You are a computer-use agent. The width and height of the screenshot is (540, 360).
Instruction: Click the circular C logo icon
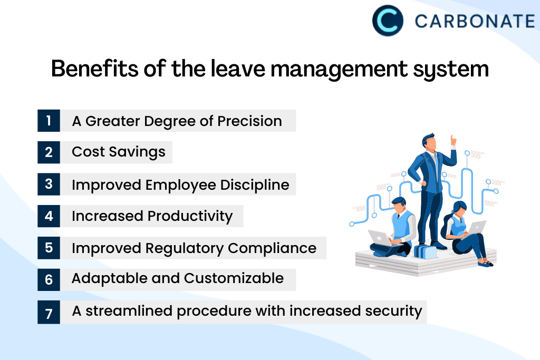click(388, 21)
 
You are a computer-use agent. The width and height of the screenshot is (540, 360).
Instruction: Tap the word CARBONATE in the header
click(475, 21)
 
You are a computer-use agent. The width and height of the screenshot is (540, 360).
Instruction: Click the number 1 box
click(49, 121)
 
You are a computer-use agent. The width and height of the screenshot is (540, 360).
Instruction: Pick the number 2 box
click(49, 152)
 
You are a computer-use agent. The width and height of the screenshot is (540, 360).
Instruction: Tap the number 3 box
click(49, 184)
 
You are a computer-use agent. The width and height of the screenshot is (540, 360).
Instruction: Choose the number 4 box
click(49, 216)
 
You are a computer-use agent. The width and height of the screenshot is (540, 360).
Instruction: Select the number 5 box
click(49, 248)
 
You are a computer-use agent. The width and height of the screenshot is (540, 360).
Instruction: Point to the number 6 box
click(49, 280)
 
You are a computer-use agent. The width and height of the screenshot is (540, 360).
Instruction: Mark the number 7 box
click(49, 312)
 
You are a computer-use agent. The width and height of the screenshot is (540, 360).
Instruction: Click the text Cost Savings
click(119, 152)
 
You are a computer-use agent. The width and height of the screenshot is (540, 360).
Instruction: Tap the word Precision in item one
click(249, 121)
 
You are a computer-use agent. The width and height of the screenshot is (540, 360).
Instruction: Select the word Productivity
click(190, 217)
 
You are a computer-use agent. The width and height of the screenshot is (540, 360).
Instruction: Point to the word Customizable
click(234, 278)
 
